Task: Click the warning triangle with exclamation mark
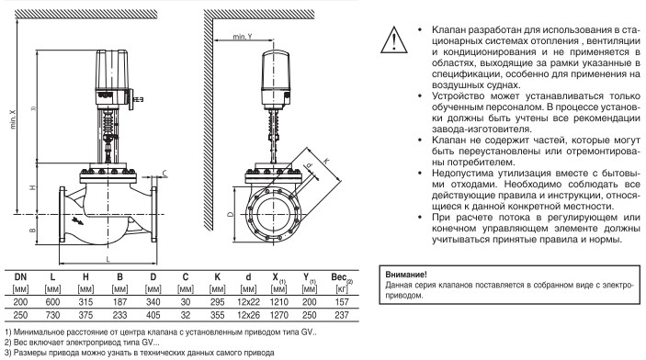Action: (394, 40)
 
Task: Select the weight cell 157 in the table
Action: (342, 302)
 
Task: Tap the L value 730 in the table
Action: (52, 315)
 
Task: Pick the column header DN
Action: (20, 277)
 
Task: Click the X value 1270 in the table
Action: (279, 315)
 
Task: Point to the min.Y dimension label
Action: (242, 36)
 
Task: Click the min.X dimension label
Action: (13, 119)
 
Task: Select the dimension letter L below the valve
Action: (108, 259)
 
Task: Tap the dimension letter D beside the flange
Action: (231, 214)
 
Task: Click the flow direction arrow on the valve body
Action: (77, 220)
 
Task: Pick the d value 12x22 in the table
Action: (248, 302)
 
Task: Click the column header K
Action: (217, 277)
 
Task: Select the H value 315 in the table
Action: (85, 302)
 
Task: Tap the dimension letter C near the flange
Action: (164, 174)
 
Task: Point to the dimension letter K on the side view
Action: (326, 161)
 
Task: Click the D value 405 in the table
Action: (153, 315)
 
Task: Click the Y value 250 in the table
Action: (309, 315)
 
